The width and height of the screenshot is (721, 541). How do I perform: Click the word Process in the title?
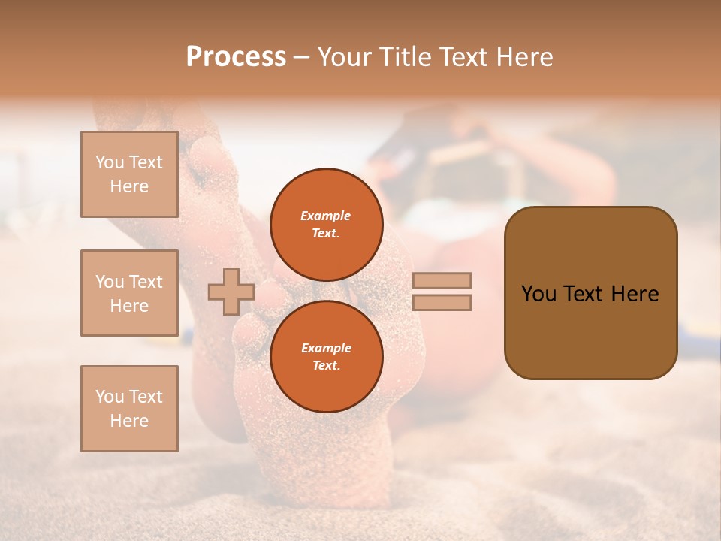[x=236, y=56]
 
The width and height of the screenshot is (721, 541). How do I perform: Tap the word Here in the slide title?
[x=523, y=56]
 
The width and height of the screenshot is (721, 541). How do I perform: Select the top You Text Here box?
[x=129, y=174]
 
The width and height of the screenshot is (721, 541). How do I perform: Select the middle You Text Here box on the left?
[x=129, y=293]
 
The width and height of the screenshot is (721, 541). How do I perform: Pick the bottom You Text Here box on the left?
[x=129, y=408]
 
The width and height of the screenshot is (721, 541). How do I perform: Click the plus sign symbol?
[x=231, y=292]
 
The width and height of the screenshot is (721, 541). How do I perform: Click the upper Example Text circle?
[x=326, y=225]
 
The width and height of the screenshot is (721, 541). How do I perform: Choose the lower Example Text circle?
[x=326, y=357]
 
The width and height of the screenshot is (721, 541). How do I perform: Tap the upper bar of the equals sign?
[x=442, y=280]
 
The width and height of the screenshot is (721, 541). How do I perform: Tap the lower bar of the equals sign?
[x=442, y=302]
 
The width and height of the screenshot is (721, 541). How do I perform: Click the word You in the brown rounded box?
[x=538, y=294]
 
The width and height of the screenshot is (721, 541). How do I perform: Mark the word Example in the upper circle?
[x=326, y=216]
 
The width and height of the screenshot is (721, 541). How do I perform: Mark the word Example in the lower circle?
[x=326, y=348]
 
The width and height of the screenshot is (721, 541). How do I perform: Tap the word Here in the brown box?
[x=635, y=294]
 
